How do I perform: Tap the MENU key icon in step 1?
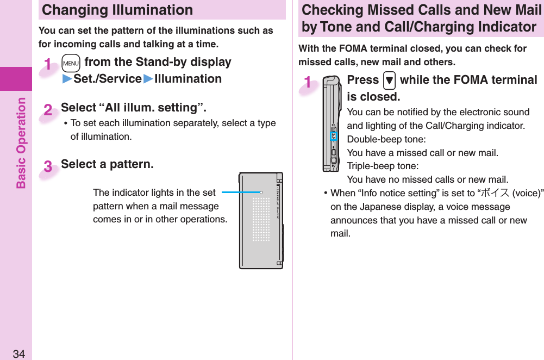pos(71,63)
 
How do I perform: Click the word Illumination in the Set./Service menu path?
pos(188,79)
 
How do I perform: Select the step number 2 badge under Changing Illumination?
pos(48,111)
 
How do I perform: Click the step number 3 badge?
pos(48,167)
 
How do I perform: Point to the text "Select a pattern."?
pos(107,164)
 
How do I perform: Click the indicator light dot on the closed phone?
pos(261,192)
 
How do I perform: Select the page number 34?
pos(19,354)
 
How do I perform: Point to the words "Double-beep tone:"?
pos(386,139)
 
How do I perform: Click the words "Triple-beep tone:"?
pos(383,166)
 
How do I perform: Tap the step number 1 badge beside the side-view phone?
pos(308,83)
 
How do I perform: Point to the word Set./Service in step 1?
pos(108,79)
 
